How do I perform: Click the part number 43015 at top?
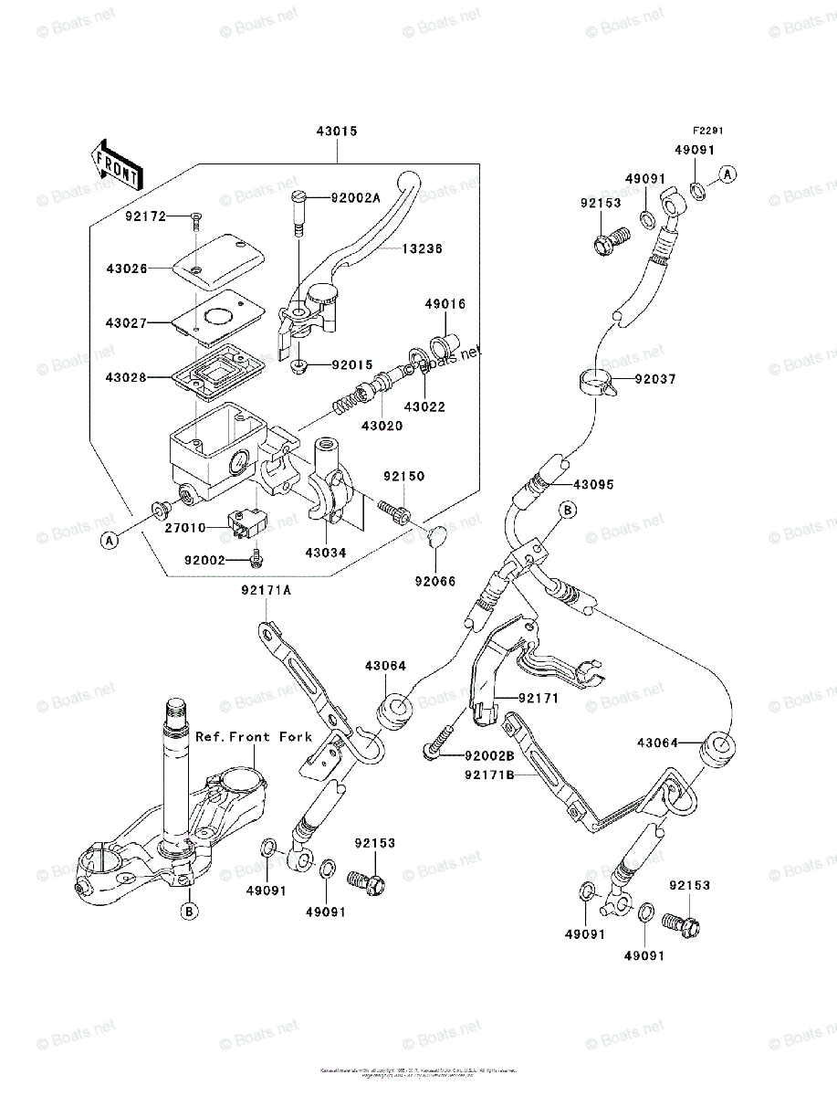point(337,132)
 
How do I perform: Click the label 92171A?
point(267,590)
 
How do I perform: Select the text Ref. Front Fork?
point(254,737)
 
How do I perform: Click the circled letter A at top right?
point(727,174)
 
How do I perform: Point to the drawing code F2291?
point(706,132)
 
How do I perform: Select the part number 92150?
point(403,477)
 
